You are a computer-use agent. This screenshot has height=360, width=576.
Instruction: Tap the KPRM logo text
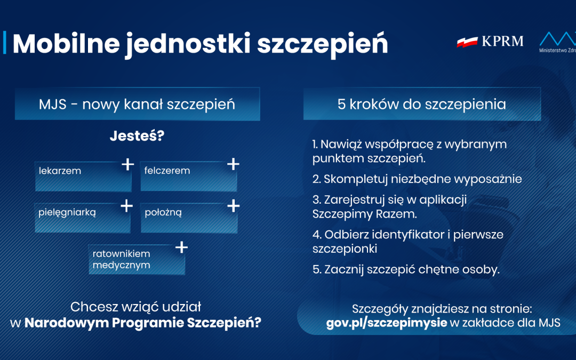pyautogui.click(x=502, y=41)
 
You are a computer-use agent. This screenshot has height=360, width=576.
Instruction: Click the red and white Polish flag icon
pyautogui.click(x=467, y=42)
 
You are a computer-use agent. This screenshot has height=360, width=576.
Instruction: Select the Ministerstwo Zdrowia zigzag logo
pyautogui.click(x=558, y=38)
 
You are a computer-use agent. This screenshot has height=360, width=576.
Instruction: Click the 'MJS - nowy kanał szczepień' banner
pyautogui.click(x=137, y=104)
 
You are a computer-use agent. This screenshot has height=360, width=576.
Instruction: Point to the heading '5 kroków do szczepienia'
pyautogui.click(x=421, y=104)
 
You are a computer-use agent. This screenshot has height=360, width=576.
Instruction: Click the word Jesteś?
pyautogui.click(x=137, y=136)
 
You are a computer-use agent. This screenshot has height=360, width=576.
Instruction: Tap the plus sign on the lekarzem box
pyautogui.click(x=127, y=164)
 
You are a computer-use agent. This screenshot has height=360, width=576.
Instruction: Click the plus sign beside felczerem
pyautogui.click(x=233, y=164)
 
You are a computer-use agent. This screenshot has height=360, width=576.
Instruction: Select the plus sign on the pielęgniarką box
pyautogui.click(x=126, y=206)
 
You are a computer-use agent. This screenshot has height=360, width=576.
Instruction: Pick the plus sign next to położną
pyautogui.click(x=233, y=206)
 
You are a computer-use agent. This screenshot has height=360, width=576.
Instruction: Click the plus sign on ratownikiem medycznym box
pyautogui.click(x=181, y=247)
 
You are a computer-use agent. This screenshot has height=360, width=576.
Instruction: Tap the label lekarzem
pyautogui.click(x=60, y=171)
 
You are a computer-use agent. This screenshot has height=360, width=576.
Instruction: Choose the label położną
pyautogui.click(x=163, y=212)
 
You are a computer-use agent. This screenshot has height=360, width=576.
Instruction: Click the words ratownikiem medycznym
pyautogui.click(x=122, y=259)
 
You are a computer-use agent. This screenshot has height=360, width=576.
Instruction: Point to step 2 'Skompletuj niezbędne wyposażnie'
pyautogui.click(x=417, y=179)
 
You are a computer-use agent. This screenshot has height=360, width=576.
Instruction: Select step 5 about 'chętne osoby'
pyautogui.click(x=406, y=269)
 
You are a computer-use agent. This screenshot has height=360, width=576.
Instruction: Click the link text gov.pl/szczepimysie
pyautogui.click(x=387, y=323)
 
